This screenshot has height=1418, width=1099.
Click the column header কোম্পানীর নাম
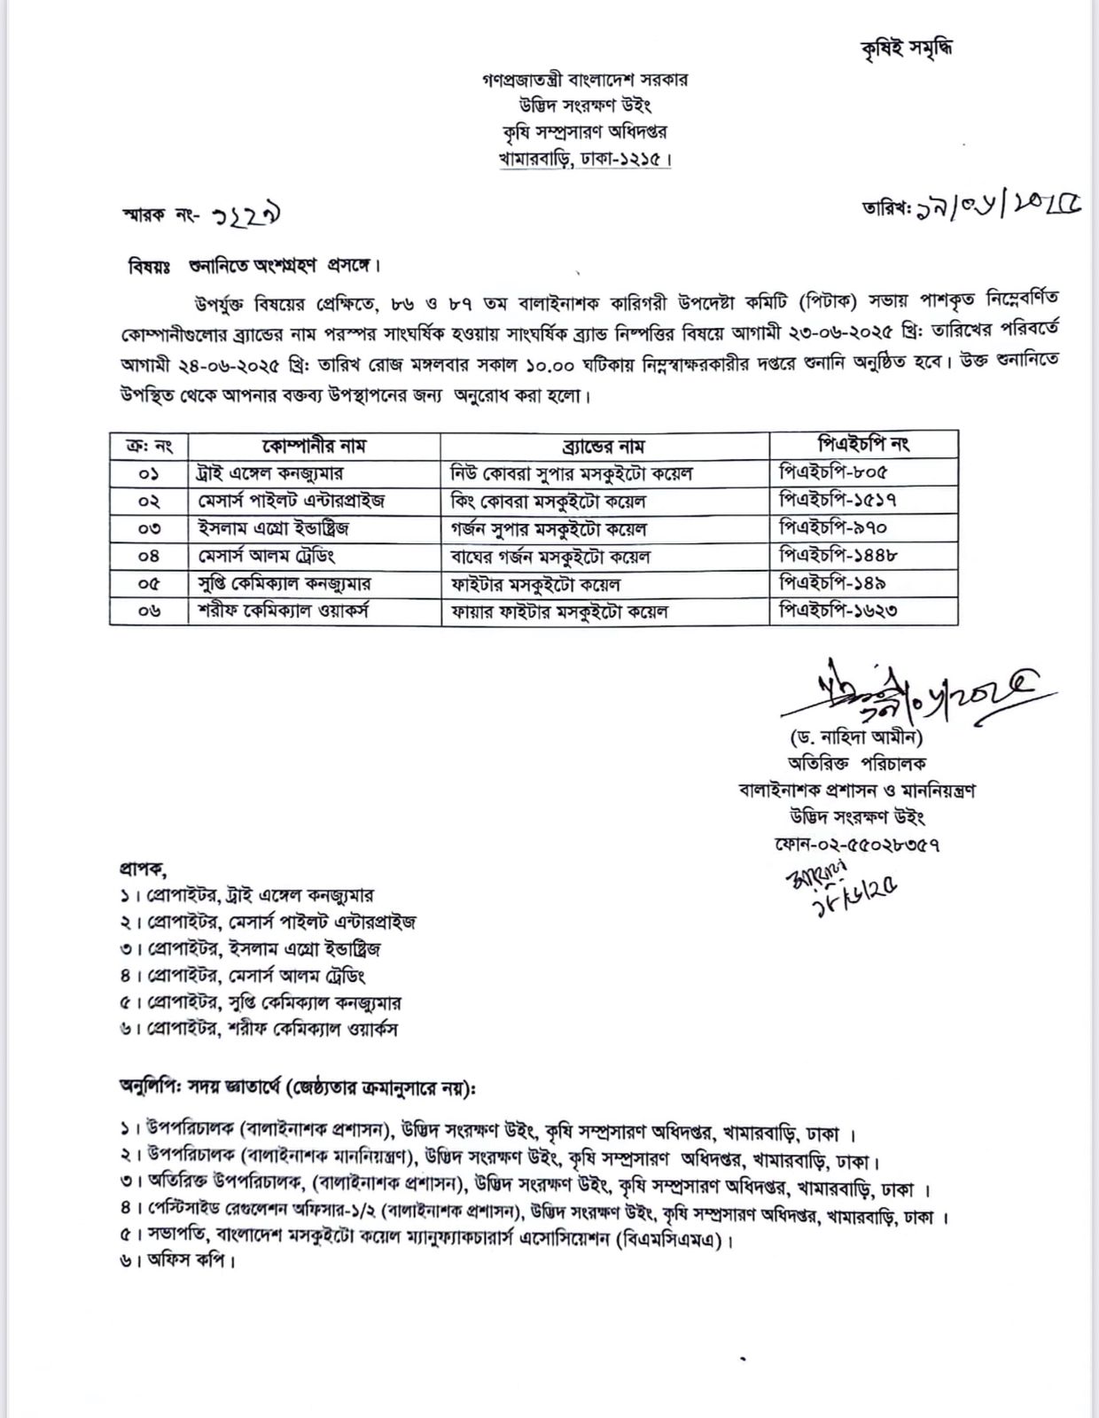pyautogui.click(x=314, y=445)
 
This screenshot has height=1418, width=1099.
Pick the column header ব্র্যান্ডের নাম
pyautogui.click(x=604, y=445)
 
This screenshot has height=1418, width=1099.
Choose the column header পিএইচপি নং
pyautogui.click(x=863, y=443)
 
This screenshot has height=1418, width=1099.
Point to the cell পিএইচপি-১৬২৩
pyautogui.click(x=838, y=611)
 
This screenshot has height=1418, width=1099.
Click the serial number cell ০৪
pyautogui.click(x=149, y=557)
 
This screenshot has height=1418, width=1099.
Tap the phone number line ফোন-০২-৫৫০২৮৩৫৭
pyautogui.click(x=856, y=844)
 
